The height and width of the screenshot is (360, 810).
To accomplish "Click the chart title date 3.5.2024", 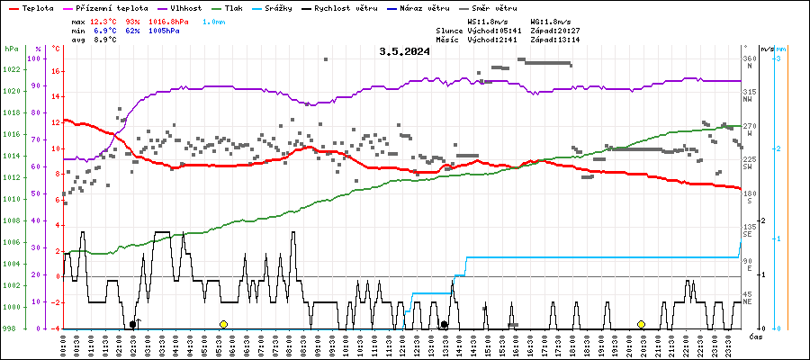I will pyautogui.click(x=404, y=51).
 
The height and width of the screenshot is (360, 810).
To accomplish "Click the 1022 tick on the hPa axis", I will pyautogui.click(x=11, y=69).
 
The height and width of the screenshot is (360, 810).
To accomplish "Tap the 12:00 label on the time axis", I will pyautogui.click(x=402, y=344).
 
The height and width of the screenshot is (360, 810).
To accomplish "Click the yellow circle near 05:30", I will pyautogui.click(x=223, y=324).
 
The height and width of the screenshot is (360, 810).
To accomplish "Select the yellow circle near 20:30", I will pyautogui.click(x=641, y=324).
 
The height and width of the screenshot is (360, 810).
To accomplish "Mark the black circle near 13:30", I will pyautogui.click(x=444, y=324).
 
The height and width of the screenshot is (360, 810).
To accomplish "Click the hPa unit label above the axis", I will pyautogui.click(x=11, y=48).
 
